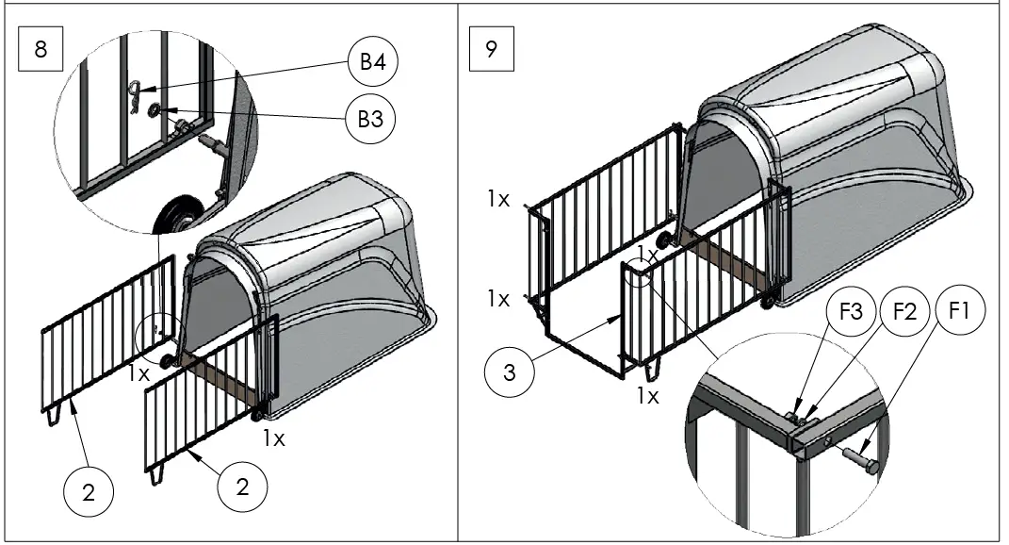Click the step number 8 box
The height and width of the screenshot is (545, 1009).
41,50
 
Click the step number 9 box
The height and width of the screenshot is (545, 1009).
491,50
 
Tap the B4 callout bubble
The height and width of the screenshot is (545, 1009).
372,63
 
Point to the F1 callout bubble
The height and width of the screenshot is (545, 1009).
960,313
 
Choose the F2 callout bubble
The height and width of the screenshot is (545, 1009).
904,313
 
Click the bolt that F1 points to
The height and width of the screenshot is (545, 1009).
859,463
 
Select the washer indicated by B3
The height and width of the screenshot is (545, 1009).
155,112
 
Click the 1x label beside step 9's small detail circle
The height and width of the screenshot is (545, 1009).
647,252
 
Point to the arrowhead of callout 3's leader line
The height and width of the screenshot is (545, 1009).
617,319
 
